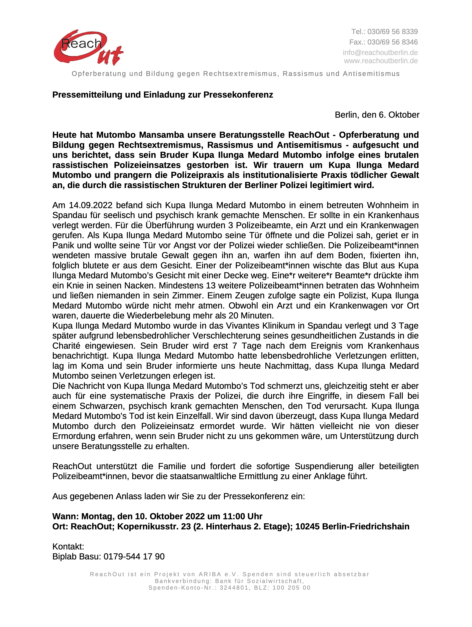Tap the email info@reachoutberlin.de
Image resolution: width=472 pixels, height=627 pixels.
coord(380,53)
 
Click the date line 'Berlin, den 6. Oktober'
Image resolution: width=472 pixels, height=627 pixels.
coord(377,115)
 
